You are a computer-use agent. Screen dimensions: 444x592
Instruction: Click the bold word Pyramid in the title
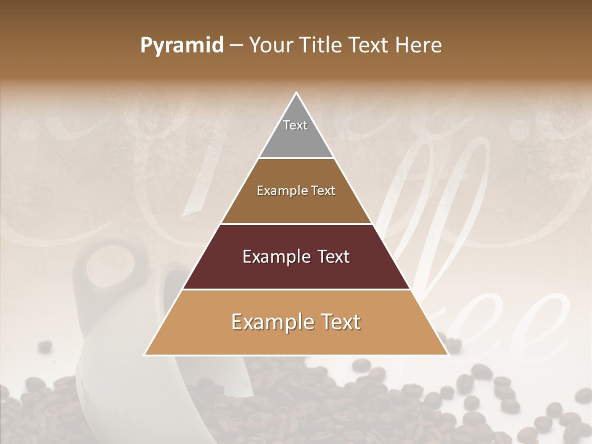(182, 46)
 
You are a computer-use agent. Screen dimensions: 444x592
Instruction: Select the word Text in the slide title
(371, 46)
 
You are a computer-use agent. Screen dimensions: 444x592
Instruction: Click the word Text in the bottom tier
(339, 322)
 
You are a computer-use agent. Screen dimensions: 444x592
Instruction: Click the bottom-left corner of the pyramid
(145, 355)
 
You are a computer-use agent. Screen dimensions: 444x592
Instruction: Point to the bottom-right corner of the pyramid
(448, 355)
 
